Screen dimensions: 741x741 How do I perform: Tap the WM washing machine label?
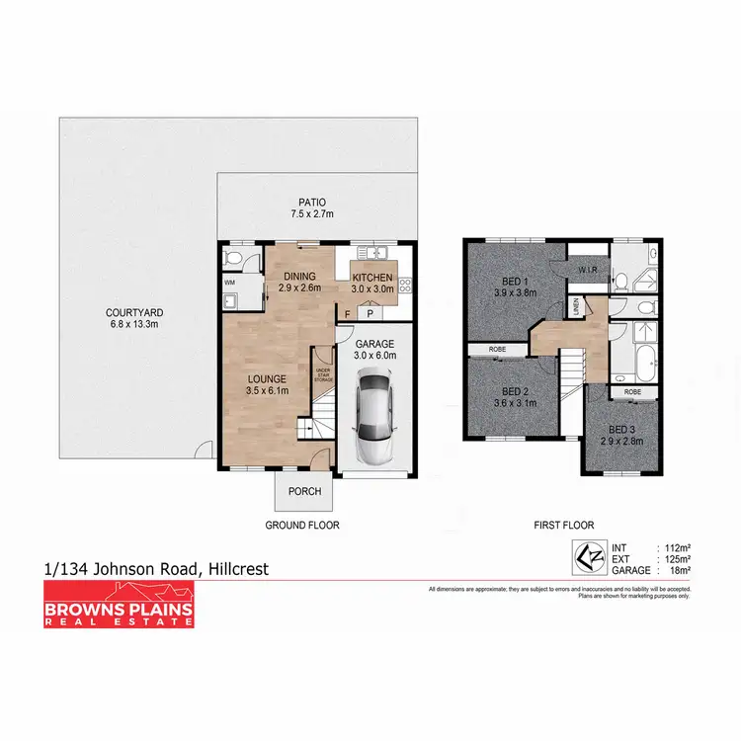click(x=231, y=284)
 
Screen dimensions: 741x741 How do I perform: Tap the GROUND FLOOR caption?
click(x=302, y=526)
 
